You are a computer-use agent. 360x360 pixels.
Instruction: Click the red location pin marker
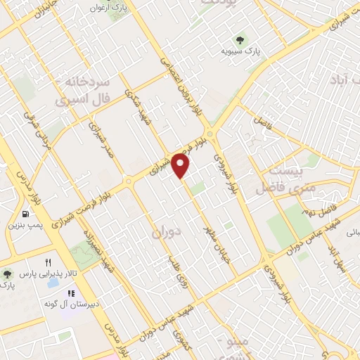pos(181,167)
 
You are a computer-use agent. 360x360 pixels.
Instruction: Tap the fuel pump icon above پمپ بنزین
pos(25,214)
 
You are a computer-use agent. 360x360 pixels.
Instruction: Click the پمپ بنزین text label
pos(25,226)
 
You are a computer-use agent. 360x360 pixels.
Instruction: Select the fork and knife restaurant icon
pos(49,262)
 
